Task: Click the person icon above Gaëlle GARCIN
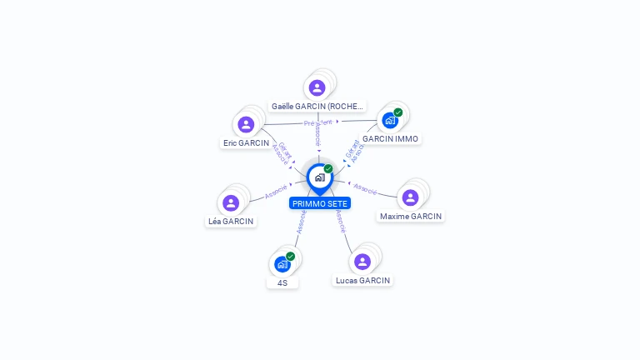(x=317, y=87)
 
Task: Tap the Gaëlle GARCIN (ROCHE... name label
(x=317, y=107)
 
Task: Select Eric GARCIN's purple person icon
(x=246, y=124)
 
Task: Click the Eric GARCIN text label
(x=246, y=143)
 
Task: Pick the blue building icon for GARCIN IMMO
(x=390, y=120)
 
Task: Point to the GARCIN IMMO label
(x=390, y=138)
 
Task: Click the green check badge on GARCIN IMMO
(x=398, y=112)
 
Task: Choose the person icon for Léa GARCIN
(x=231, y=202)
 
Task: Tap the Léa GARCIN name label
(x=231, y=222)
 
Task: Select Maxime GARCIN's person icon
(x=410, y=197)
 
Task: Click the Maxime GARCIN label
(x=411, y=217)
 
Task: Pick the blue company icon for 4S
(x=282, y=264)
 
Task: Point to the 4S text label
(x=282, y=283)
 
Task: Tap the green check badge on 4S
(x=291, y=257)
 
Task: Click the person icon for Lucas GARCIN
(x=362, y=262)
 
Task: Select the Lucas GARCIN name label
(x=362, y=281)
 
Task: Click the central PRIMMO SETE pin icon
(x=319, y=177)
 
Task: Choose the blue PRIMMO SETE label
(x=320, y=203)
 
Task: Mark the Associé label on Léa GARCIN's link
(x=276, y=191)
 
